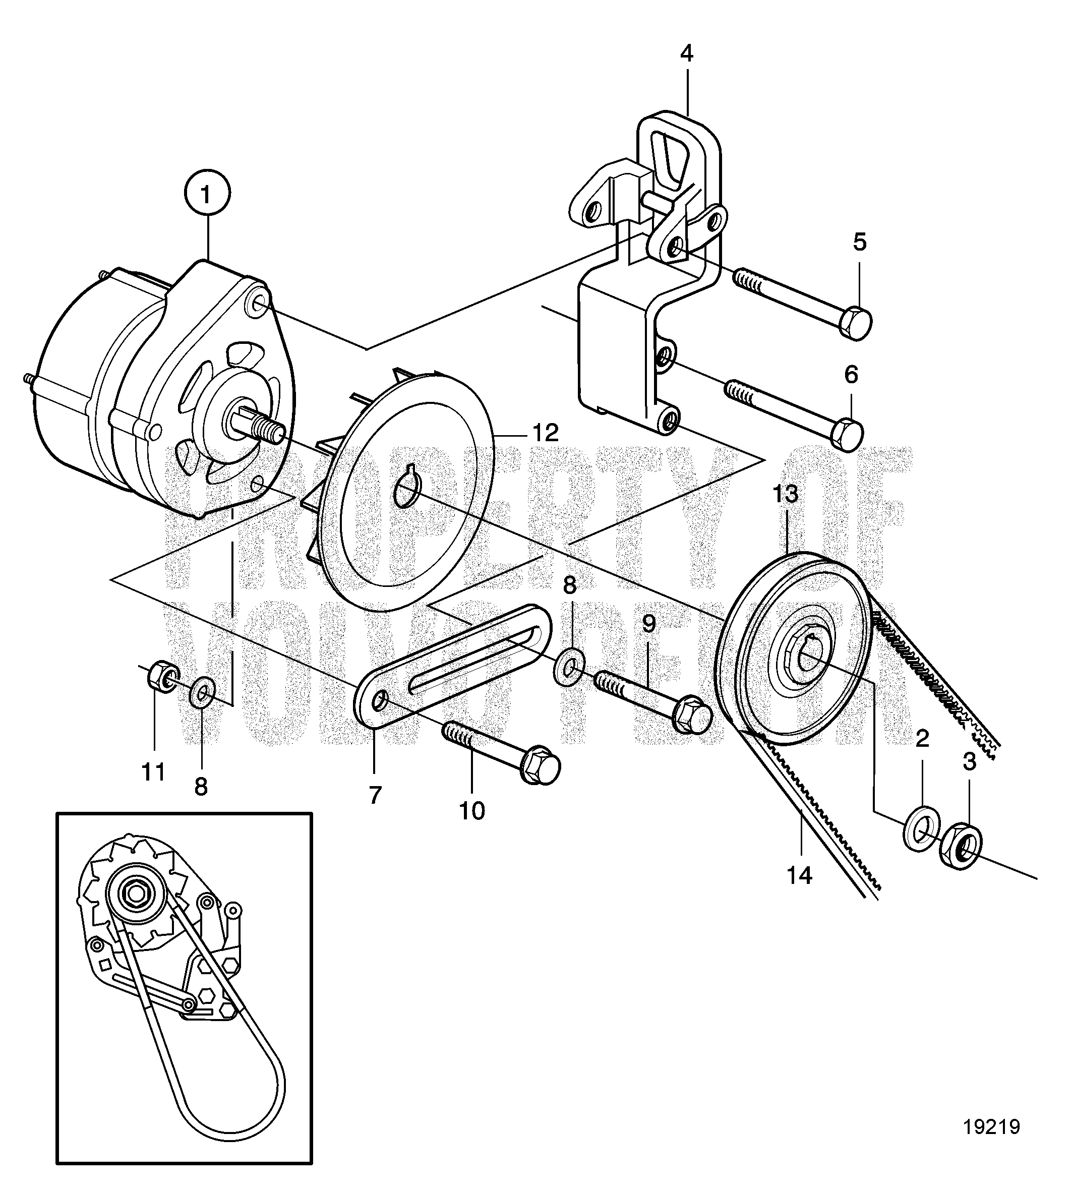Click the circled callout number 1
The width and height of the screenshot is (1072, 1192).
[x=206, y=194]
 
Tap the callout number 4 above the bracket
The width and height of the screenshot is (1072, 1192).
[x=686, y=53]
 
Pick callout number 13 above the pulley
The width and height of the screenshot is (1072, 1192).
[x=785, y=494]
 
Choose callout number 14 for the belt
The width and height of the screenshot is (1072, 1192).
[x=800, y=891]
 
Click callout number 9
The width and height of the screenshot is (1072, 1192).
[x=648, y=624]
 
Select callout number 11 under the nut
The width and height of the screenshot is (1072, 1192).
[x=154, y=771]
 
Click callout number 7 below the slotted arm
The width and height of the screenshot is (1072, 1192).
[x=375, y=795]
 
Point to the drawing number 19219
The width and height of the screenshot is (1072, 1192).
[x=991, y=1127]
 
